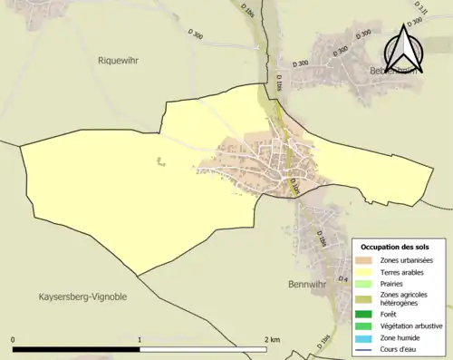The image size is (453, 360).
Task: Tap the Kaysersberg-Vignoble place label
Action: click(82, 297)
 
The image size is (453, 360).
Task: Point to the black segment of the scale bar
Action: click(76, 349)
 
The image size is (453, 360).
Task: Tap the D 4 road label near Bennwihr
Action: click(342, 278)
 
